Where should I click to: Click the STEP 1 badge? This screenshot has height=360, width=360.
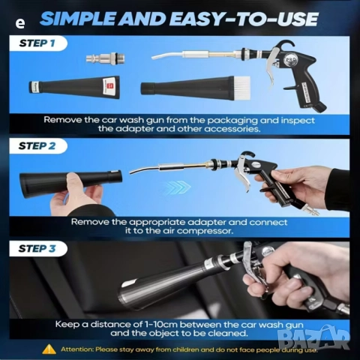click(38, 43)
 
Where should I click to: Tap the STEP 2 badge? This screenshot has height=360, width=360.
click(38, 146)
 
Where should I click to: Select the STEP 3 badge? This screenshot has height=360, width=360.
click(38, 249)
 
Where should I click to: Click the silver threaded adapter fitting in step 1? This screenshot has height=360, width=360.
click(105, 58)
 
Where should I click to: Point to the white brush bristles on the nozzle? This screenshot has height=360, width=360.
click(242, 83)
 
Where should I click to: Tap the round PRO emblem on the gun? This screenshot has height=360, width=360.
click(290, 60)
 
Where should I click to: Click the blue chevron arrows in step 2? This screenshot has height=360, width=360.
click(178, 187)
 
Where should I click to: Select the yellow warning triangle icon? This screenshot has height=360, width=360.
click(49, 349)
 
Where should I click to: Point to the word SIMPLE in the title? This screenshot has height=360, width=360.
click(79, 19)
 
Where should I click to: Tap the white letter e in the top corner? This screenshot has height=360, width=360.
click(20, 23)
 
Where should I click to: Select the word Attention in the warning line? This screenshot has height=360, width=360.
click(77, 349)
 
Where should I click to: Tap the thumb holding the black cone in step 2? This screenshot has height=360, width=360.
click(74, 181)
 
